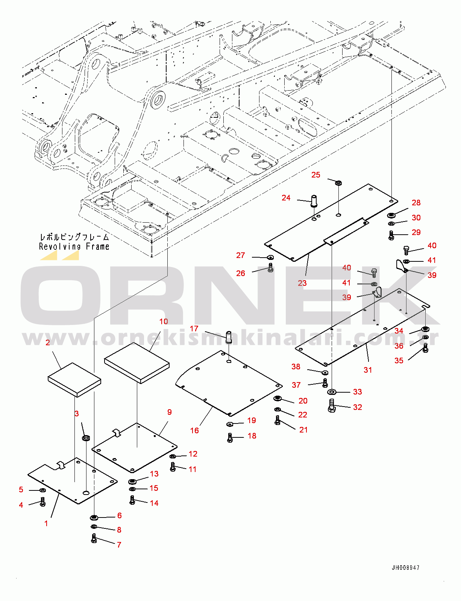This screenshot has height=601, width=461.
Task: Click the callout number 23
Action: pos(302,283)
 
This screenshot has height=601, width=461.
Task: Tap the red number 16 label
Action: pos(194,430)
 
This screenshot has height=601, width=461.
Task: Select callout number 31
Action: pos(368,370)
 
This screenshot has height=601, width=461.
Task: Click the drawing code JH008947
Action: pos(405,568)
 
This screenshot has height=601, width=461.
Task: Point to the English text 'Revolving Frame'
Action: pos(74,247)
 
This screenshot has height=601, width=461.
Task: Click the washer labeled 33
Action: pos(332,392)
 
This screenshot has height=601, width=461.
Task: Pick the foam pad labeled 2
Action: pos(74,379)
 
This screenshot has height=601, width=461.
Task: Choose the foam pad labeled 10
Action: pos(137,362)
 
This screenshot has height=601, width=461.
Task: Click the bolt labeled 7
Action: pos(94,539)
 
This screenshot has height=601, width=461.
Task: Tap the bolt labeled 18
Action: pos(230,437)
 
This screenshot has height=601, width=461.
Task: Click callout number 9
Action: pos(169,412)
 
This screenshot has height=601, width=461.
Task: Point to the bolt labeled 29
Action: pos(391,235)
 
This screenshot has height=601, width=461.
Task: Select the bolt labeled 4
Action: pos(42,502)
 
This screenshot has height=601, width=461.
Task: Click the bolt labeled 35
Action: pos(425,348)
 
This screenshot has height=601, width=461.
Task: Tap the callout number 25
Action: pos(316,175)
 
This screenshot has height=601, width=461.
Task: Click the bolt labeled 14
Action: pos(132,500)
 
